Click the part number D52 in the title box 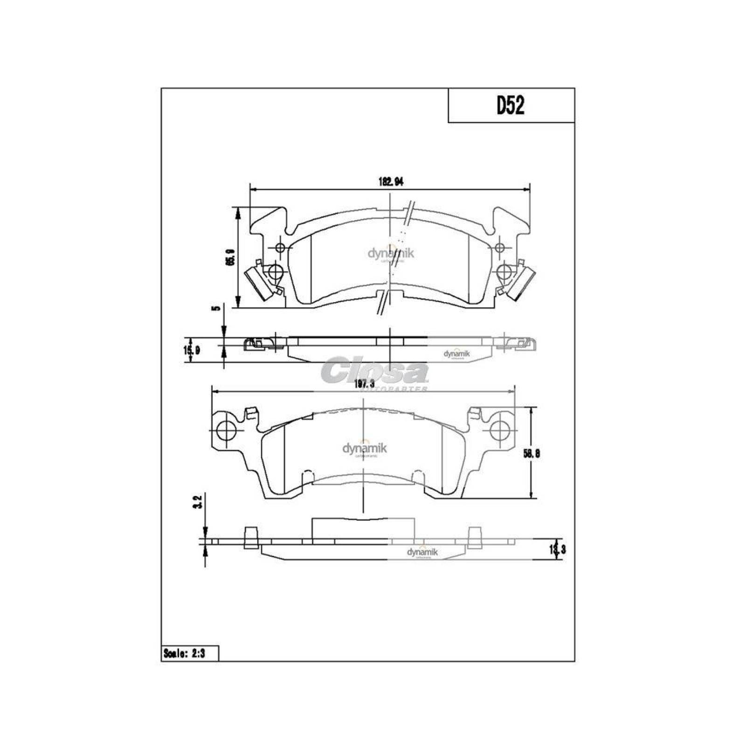[x=510, y=106]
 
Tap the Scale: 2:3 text [x=189, y=654]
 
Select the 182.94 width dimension [x=390, y=182]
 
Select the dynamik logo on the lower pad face [x=365, y=449]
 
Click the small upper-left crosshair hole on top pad [x=280, y=248]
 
